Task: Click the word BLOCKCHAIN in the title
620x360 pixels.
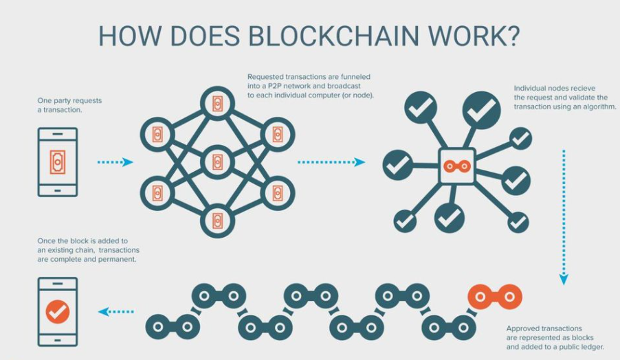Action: [x=334, y=36]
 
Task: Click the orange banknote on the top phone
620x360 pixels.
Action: [x=58, y=161]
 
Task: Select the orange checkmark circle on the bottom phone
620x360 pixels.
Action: [x=58, y=312]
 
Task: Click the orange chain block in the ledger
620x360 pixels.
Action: [x=495, y=297]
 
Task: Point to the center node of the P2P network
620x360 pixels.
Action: [x=217, y=162]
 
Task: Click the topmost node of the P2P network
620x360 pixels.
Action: [x=217, y=104]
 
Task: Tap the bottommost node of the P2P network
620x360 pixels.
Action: [x=217, y=221]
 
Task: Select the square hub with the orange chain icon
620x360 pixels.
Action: [x=457, y=166]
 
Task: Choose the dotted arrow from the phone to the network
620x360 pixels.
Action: [x=115, y=162]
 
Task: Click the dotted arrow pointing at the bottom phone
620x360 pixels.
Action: [x=115, y=312]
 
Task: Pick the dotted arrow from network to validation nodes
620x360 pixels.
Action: [x=331, y=162]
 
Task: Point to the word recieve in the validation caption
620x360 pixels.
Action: [x=582, y=88]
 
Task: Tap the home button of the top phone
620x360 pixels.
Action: [x=58, y=190]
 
